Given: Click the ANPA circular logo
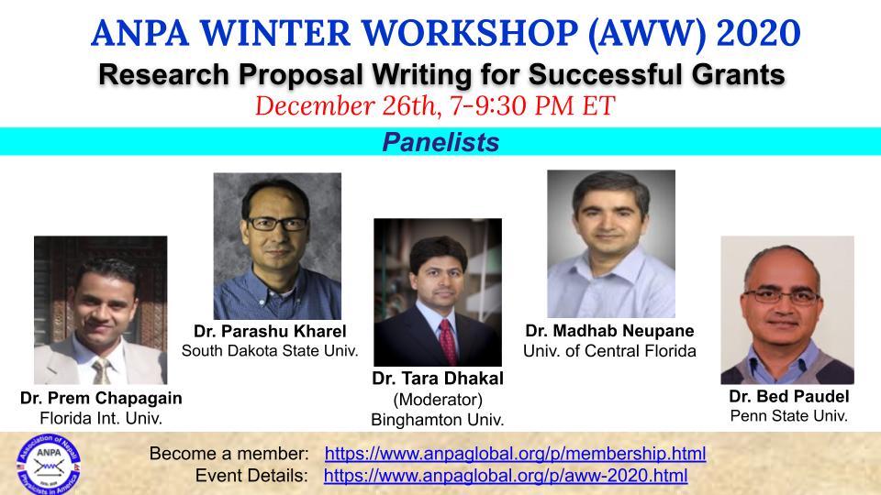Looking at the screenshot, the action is [49, 464].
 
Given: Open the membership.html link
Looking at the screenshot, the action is [515, 454].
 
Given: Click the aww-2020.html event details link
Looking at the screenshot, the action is [506, 476].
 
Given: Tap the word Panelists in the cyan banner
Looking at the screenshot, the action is [440, 142].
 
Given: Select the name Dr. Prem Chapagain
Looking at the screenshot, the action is [101, 398].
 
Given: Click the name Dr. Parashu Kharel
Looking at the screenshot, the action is [270, 331].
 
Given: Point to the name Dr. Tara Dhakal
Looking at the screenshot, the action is [438, 379].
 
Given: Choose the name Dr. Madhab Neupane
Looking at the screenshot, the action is [609, 331].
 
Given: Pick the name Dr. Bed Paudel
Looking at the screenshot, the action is [789, 396].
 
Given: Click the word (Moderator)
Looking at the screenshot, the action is [438, 400].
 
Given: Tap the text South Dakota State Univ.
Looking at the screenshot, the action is [270, 351].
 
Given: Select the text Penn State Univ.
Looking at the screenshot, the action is [789, 416].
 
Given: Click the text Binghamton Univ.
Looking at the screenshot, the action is [438, 420].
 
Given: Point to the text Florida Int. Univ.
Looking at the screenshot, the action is [101, 418].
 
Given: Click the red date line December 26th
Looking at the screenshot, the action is [435, 106].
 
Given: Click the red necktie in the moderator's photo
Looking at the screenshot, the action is [448, 342].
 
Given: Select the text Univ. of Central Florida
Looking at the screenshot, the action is [609, 351].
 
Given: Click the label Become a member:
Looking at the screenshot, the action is [229, 454].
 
